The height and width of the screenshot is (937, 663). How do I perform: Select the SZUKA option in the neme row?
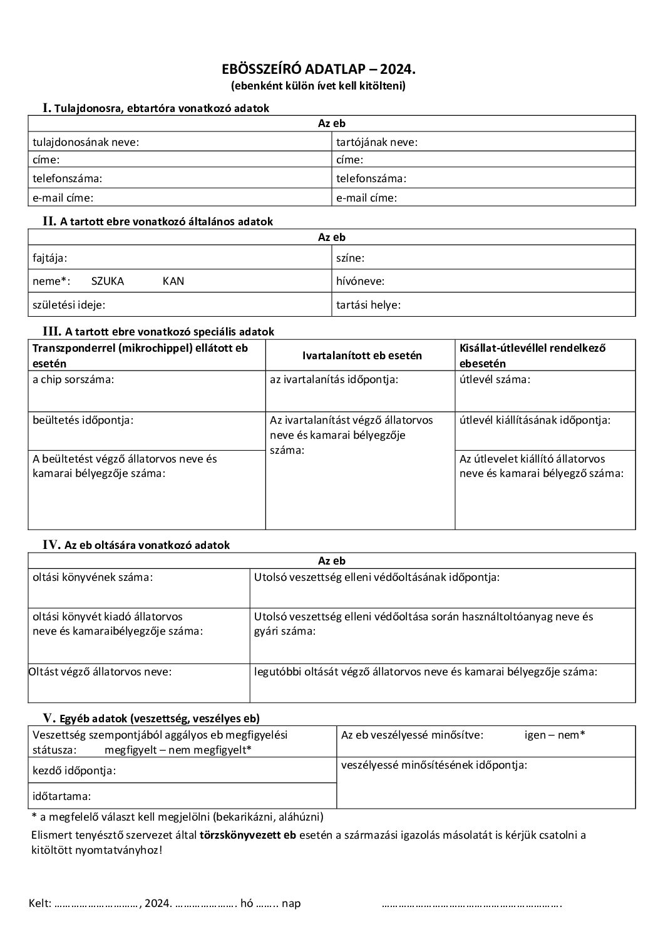coord(108,281)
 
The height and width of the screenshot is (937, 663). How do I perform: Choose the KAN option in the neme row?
coord(173,281)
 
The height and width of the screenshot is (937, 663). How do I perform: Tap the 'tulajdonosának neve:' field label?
coord(86,142)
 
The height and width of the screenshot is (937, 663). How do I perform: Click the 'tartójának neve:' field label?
coord(377,142)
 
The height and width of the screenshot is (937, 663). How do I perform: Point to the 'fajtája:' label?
coord(50,257)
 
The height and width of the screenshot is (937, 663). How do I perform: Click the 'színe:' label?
coord(351,257)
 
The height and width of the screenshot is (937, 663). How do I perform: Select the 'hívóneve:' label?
coord(361,281)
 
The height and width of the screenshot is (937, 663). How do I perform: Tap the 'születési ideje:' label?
coord(69,305)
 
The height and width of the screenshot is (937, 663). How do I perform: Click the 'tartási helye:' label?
coord(369,305)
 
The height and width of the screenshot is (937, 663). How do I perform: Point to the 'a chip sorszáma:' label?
coord(73,379)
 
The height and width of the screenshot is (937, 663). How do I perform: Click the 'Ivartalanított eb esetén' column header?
coord(362,355)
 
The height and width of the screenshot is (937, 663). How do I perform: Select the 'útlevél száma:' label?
coord(495,379)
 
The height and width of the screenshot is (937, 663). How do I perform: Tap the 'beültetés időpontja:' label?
coord(83,420)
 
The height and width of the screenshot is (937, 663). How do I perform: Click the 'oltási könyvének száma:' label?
coord(93,577)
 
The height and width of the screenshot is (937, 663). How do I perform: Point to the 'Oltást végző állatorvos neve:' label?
coord(100,672)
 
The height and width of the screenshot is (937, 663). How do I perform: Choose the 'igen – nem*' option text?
coord(555,735)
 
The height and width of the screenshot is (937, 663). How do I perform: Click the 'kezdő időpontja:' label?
coord(75,771)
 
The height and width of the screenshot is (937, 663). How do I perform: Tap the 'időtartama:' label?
coord(62,796)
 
